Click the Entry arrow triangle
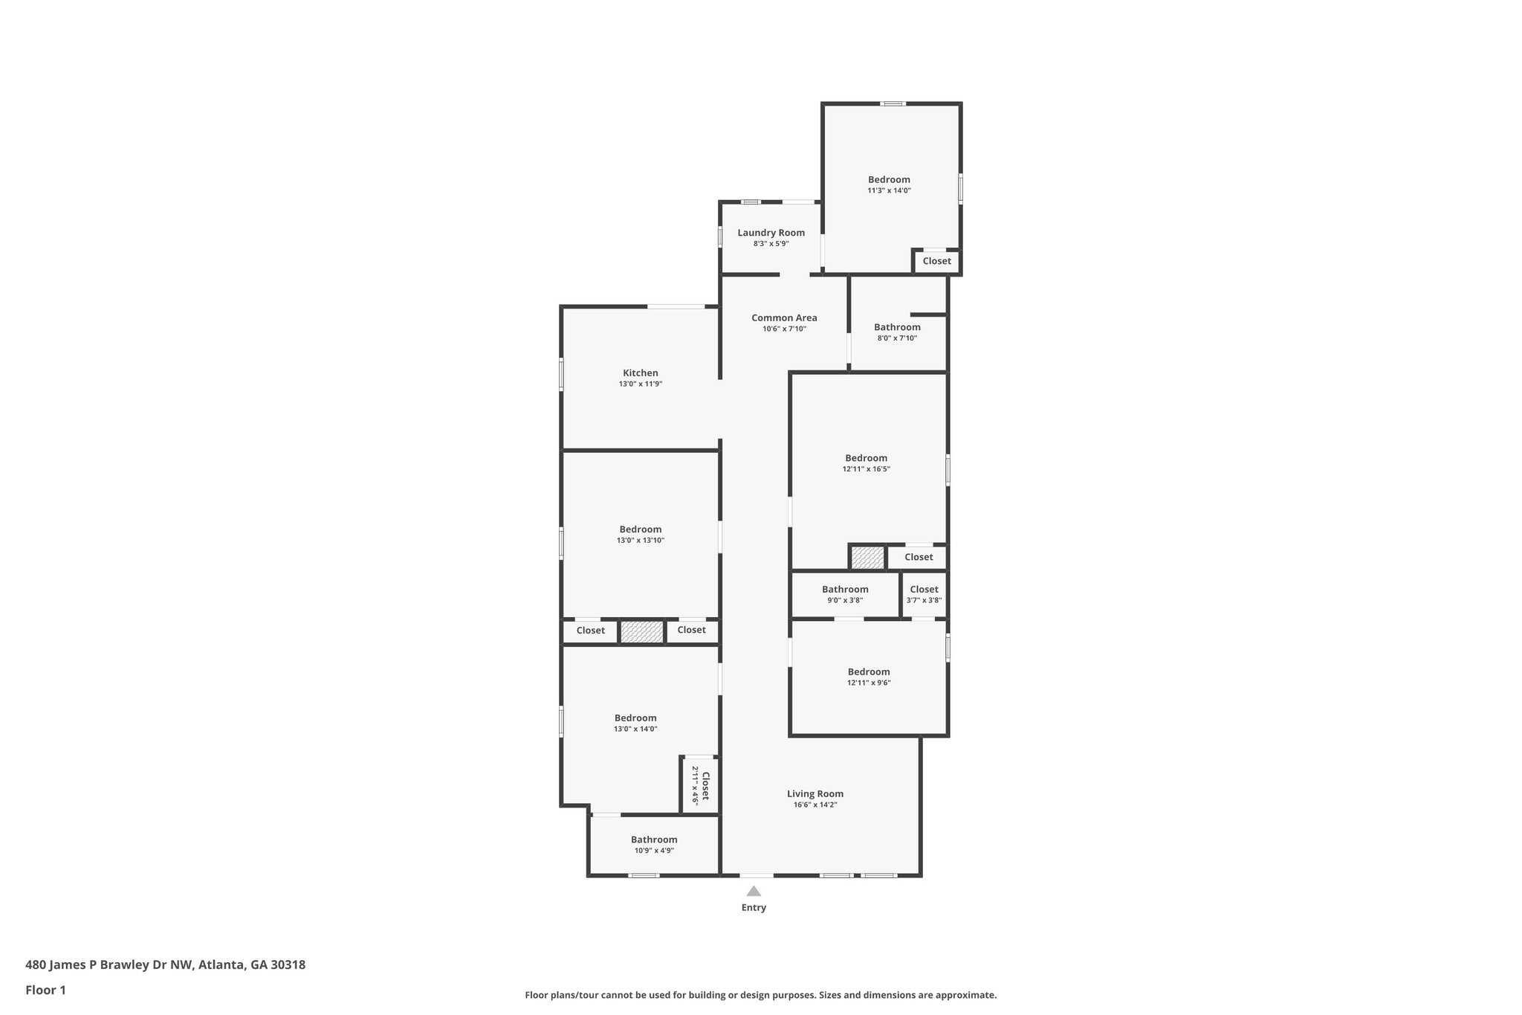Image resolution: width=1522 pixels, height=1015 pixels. coord(754,891)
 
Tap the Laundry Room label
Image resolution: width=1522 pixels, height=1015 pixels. coord(771,233)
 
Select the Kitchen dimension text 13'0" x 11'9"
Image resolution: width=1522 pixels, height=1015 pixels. coord(640,384)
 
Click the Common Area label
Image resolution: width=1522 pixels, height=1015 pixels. coord(784,318)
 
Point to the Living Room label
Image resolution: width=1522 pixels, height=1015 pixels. coord(815,793)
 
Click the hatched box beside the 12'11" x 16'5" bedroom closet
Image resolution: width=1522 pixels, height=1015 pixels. coord(867,558)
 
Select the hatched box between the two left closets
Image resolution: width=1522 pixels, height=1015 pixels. coord(641,632)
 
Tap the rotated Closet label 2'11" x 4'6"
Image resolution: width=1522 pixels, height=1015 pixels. coord(701,786)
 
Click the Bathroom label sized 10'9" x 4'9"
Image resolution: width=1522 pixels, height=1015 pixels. coord(654,840)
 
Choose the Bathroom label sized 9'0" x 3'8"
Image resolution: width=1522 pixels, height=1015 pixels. coord(845,589)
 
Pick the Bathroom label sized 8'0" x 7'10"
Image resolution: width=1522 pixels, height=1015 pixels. coord(897,327)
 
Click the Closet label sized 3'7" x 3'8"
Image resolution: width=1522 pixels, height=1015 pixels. coord(924,589)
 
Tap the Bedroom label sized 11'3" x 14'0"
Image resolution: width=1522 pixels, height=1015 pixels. coord(889,179)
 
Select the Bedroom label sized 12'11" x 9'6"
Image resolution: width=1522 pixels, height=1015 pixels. coord(869,671)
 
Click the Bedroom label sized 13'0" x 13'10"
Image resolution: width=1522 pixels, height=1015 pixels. coord(640,529)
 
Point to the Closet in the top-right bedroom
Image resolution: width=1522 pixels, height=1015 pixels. coord(936,261)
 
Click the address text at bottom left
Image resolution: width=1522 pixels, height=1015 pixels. coord(165,965)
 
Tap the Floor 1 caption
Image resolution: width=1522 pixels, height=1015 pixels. coord(45,990)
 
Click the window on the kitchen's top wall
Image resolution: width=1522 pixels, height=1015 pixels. coord(676,306)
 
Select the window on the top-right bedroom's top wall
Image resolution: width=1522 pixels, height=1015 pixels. coord(893,103)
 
